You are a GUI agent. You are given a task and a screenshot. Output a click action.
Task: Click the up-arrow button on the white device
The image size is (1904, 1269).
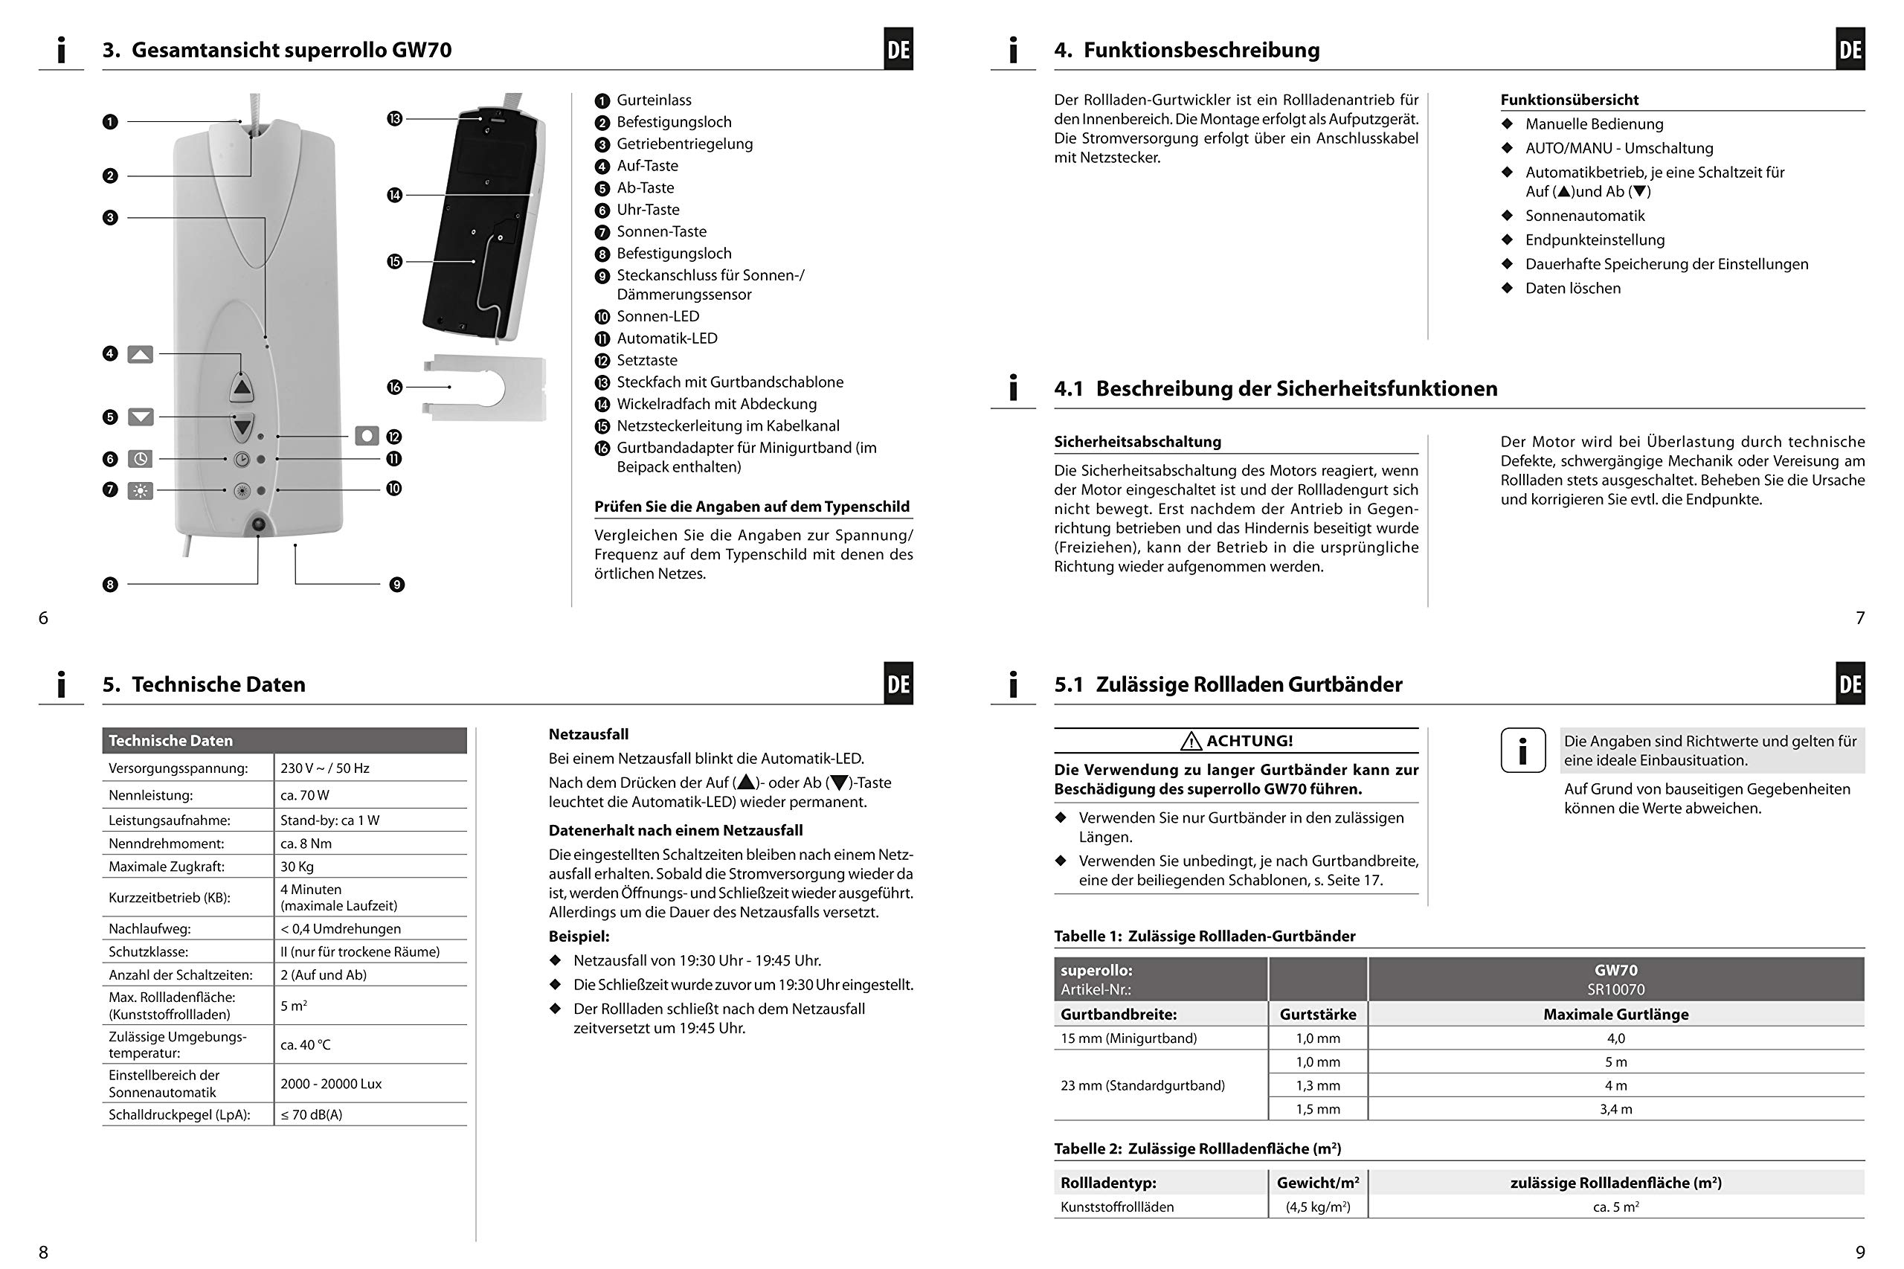click(242, 387)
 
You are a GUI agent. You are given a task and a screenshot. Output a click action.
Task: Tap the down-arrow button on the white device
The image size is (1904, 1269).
click(242, 426)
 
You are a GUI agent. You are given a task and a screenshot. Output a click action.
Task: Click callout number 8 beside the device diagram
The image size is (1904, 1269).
click(110, 585)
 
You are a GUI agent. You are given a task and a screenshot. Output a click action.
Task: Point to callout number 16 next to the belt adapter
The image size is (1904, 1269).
click(394, 387)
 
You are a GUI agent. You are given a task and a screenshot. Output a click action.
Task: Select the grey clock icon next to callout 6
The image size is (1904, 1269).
click(140, 459)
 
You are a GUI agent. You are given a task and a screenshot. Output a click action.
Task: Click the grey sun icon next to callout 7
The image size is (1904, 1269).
click(140, 489)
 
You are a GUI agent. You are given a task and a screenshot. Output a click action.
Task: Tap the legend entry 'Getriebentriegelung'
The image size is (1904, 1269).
click(684, 144)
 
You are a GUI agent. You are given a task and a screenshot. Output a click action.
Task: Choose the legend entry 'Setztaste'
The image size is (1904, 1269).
click(646, 360)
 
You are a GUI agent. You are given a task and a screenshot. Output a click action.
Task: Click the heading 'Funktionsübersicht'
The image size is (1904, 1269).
click(1569, 100)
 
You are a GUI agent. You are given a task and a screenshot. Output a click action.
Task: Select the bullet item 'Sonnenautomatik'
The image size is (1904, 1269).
click(1584, 215)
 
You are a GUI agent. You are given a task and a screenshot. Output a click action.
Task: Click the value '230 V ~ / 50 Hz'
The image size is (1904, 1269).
click(324, 768)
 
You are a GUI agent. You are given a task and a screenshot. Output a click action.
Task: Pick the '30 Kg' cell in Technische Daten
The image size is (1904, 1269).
click(297, 866)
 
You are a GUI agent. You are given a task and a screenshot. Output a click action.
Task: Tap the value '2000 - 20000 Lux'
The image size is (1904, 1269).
click(331, 1084)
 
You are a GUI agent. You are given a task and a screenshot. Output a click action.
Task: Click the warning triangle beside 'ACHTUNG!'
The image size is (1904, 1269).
click(1191, 741)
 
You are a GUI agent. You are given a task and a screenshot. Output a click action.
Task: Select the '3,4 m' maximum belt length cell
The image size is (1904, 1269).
click(1615, 1109)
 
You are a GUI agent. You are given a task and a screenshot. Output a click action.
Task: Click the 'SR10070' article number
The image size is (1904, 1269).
click(1616, 989)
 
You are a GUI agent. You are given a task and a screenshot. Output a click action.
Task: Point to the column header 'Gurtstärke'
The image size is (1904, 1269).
click(1317, 1014)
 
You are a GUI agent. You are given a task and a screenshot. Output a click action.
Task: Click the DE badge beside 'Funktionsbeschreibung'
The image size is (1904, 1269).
click(1850, 49)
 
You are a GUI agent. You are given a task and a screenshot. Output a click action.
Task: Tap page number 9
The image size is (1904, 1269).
click(1860, 1252)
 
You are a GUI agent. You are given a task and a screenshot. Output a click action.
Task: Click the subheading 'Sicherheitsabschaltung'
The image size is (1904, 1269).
click(1137, 441)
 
